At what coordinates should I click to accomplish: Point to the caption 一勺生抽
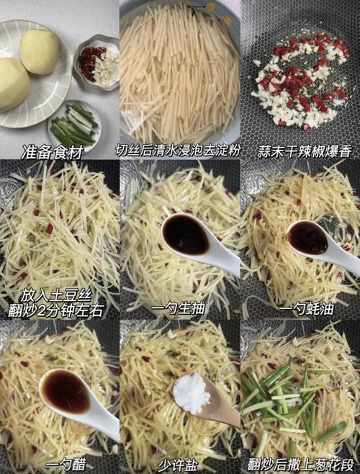point(178,308)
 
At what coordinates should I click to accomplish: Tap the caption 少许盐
point(178,465)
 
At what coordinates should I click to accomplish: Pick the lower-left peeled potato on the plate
point(13,83)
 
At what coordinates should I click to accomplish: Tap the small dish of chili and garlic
point(98,63)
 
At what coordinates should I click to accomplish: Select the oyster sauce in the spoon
point(308,238)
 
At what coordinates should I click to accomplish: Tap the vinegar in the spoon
point(66,392)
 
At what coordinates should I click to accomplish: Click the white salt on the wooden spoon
point(192,393)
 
